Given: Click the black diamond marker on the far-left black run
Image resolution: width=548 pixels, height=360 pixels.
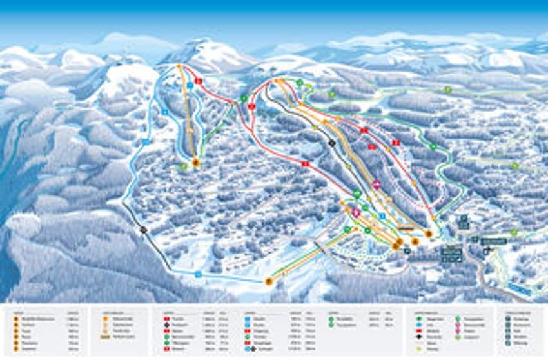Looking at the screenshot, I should (143, 230).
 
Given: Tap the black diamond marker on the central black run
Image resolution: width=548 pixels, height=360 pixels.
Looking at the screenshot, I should (332, 143).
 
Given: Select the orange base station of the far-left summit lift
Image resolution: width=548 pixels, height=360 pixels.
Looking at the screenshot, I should (195, 163).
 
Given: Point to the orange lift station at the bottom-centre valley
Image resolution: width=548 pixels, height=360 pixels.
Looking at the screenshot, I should (269, 281).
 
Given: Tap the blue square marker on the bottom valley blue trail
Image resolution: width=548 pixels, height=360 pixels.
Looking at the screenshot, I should (199, 274).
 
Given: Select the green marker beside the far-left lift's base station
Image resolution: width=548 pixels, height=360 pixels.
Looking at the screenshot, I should (184, 166).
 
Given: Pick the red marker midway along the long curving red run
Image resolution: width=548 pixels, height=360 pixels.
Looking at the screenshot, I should (306, 164).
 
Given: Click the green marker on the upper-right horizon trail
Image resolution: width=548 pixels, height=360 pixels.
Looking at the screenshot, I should (447, 90).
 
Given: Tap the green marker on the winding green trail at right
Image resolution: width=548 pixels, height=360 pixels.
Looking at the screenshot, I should (433, 146).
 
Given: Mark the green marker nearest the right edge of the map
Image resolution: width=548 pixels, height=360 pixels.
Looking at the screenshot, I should (514, 166).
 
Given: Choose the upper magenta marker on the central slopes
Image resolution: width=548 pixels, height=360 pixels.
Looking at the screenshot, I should (377, 185).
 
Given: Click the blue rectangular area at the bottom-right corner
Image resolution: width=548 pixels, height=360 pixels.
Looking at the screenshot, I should (519, 289).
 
